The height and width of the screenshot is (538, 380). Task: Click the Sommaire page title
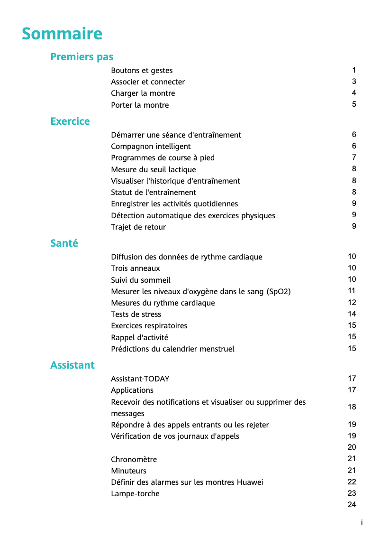pyautogui.click(x=62, y=34)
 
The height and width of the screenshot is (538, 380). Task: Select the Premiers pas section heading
pyautogui.click(x=81, y=57)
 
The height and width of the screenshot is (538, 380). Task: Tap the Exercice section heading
pyautogui.click(x=70, y=121)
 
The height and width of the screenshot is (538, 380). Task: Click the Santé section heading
pyautogui.click(x=64, y=243)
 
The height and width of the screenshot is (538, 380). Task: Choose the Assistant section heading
pyautogui.click(x=72, y=365)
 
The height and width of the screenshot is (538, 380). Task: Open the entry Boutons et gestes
pyautogui.click(x=142, y=71)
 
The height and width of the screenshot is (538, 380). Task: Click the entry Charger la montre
pyautogui.click(x=143, y=93)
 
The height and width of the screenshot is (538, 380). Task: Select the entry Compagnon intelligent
pyautogui.click(x=151, y=147)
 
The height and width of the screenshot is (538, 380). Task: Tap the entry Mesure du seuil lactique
pyautogui.click(x=153, y=169)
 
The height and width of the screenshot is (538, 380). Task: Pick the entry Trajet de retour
pyautogui.click(x=138, y=227)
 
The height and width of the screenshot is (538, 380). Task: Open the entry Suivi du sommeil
pyautogui.click(x=140, y=280)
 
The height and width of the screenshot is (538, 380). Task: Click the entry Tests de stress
pyautogui.click(x=136, y=315)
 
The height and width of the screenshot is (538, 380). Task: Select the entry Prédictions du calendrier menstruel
pyautogui.click(x=172, y=349)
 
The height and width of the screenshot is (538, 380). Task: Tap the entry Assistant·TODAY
pyautogui.click(x=140, y=379)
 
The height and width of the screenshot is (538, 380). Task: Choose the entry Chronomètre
pyautogui.click(x=134, y=460)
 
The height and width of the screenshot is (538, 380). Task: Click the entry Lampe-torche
pyautogui.click(x=135, y=494)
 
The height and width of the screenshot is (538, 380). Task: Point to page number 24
pyautogui.click(x=352, y=505)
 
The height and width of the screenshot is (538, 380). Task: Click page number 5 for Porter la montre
pyautogui.click(x=354, y=104)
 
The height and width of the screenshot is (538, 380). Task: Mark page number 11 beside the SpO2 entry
pyautogui.click(x=352, y=291)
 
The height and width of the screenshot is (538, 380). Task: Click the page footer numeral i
pyautogui.click(x=362, y=523)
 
